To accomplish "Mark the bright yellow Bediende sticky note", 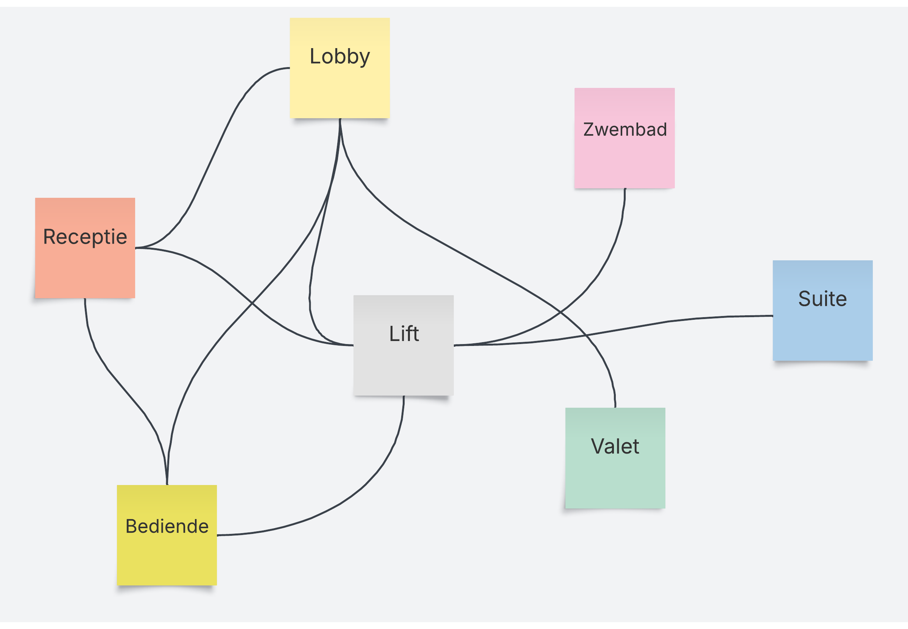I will [167, 560].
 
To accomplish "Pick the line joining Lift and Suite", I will [669, 321].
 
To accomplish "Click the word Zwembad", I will [625, 130].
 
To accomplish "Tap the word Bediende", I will [167, 526].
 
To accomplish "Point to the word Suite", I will [822, 299].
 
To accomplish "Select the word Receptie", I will [85, 237].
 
